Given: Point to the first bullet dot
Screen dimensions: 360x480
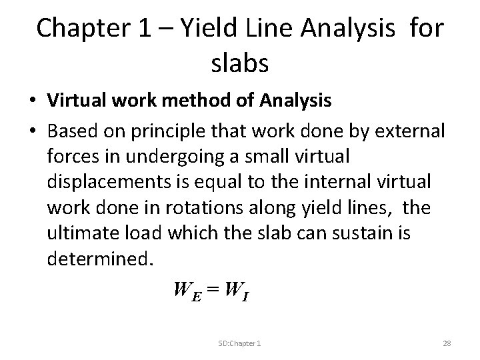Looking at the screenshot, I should click(x=32, y=101).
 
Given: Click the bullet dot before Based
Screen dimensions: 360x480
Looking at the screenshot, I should click(x=32, y=132).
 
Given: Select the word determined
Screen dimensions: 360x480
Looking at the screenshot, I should click(x=99, y=259).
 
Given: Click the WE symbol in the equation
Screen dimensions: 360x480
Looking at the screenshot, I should click(x=187, y=291).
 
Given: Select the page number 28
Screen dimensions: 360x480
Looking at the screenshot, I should click(x=447, y=342).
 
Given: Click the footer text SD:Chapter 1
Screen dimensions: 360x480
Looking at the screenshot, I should click(x=239, y=342).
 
